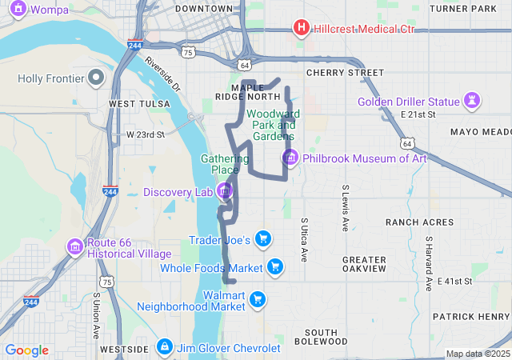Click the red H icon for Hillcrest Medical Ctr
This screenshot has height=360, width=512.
(x=302, y=29)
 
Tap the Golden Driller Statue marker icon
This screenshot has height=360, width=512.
(x=473, y=102)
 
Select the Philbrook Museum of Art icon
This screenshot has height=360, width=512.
(x=290, y=158)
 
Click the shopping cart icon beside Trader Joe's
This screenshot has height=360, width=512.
(x=263, y=239)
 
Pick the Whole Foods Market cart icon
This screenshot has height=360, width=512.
(x=275, y=267)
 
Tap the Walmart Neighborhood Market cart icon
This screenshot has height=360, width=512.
(x=257, y=300)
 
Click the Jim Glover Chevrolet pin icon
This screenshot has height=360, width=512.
(x=164, y=347)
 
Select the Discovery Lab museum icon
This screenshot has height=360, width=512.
(x=225, y=191)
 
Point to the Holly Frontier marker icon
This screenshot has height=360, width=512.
(x=96, y=78)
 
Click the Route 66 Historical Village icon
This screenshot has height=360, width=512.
(x=74, y=246)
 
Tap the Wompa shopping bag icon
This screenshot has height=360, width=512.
(x=18, y=10)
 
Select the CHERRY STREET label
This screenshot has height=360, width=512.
(x=345, y=73)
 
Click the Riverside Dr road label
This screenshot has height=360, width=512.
(x=163, y=78)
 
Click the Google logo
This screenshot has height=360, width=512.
(x=27, y=350)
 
